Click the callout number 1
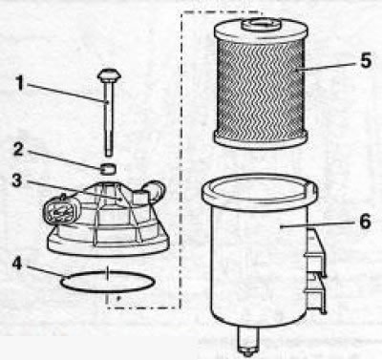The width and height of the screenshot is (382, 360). click(x=20, y=83)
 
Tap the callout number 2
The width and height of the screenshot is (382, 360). click(x=18, y=149)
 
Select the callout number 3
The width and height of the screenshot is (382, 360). click(x=17, y=180)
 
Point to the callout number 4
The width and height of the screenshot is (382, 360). click(x=18, y=264)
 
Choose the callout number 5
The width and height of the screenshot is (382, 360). click(x=366, y=60)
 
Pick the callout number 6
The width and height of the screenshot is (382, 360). click(x=365, y=222)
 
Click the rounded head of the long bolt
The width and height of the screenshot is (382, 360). click(x=109, y=75)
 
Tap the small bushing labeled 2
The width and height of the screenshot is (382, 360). click(x=108, y=169)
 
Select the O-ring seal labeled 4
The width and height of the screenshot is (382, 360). click(x=108, y=291)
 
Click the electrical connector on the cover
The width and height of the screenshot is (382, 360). click(x=59, y=210)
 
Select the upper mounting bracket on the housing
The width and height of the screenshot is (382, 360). click(x=316, y=251)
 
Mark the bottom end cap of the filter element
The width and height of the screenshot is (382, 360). click(x=261, y=139)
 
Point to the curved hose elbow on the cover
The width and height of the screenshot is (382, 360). click(x=155, y=190)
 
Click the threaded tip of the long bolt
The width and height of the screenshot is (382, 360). click(x=109, y=153)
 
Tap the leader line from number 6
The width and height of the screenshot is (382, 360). click(x=318, y=224)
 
